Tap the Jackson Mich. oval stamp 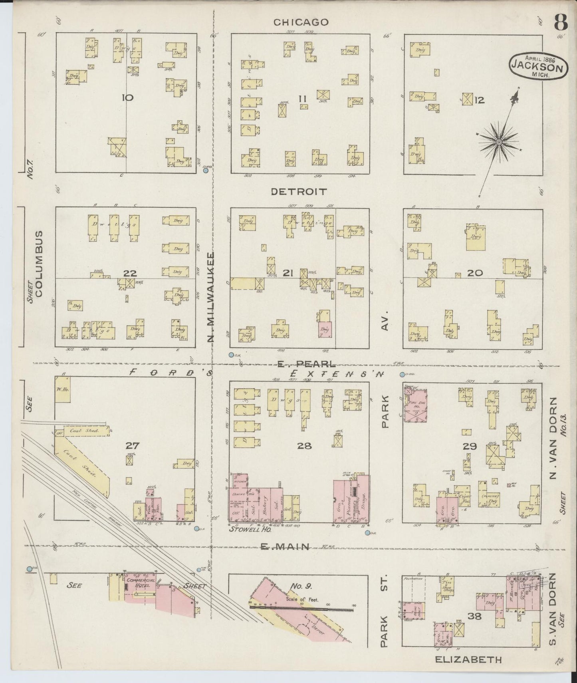tap(538, 66)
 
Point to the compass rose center tap(499, 142)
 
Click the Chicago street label tap(301, 22)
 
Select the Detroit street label tap(299, 192)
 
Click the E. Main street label tap(285, 547)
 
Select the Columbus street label tap(39, 263)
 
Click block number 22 tap(130, 273)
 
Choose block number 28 tap(304, 446)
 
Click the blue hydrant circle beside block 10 tap(206, 171)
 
